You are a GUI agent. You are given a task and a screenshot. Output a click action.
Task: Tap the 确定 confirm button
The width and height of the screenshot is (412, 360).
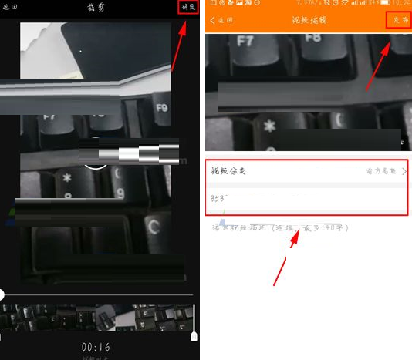(x=188, y=7)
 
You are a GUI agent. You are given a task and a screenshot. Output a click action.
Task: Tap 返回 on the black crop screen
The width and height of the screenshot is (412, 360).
(x=10, y=7)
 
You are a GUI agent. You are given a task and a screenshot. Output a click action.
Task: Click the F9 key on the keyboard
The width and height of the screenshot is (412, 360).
(x=161, y=108)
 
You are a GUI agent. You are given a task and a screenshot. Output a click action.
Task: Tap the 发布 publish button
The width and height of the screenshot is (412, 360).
(x=398, y=20)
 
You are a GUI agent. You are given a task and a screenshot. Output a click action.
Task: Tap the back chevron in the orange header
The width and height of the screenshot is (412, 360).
(x=213, y=20)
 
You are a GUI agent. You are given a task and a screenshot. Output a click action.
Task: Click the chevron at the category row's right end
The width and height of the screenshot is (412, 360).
(x=404, y=170)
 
